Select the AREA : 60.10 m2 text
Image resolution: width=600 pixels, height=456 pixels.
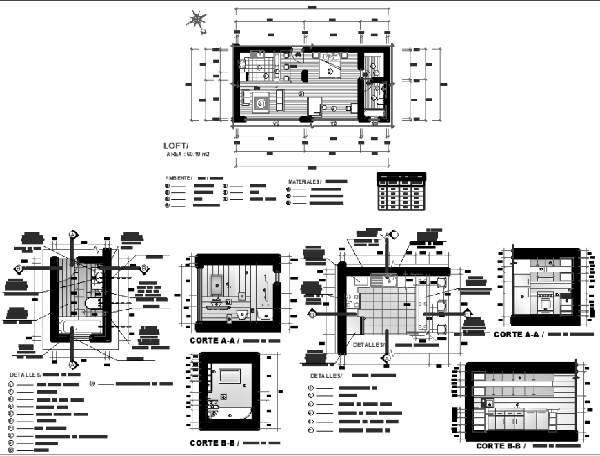coord(188,155)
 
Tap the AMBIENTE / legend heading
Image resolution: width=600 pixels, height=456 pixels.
coord(178,177)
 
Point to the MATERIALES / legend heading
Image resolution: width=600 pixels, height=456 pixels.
coord(304,181)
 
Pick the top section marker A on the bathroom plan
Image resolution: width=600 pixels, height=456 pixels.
coord(72,236)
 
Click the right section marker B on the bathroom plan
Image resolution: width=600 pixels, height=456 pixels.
coord(143,268)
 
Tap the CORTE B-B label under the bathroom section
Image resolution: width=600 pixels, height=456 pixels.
coord(214,443)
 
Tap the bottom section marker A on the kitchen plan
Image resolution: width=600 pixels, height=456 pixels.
coord(387,359)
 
